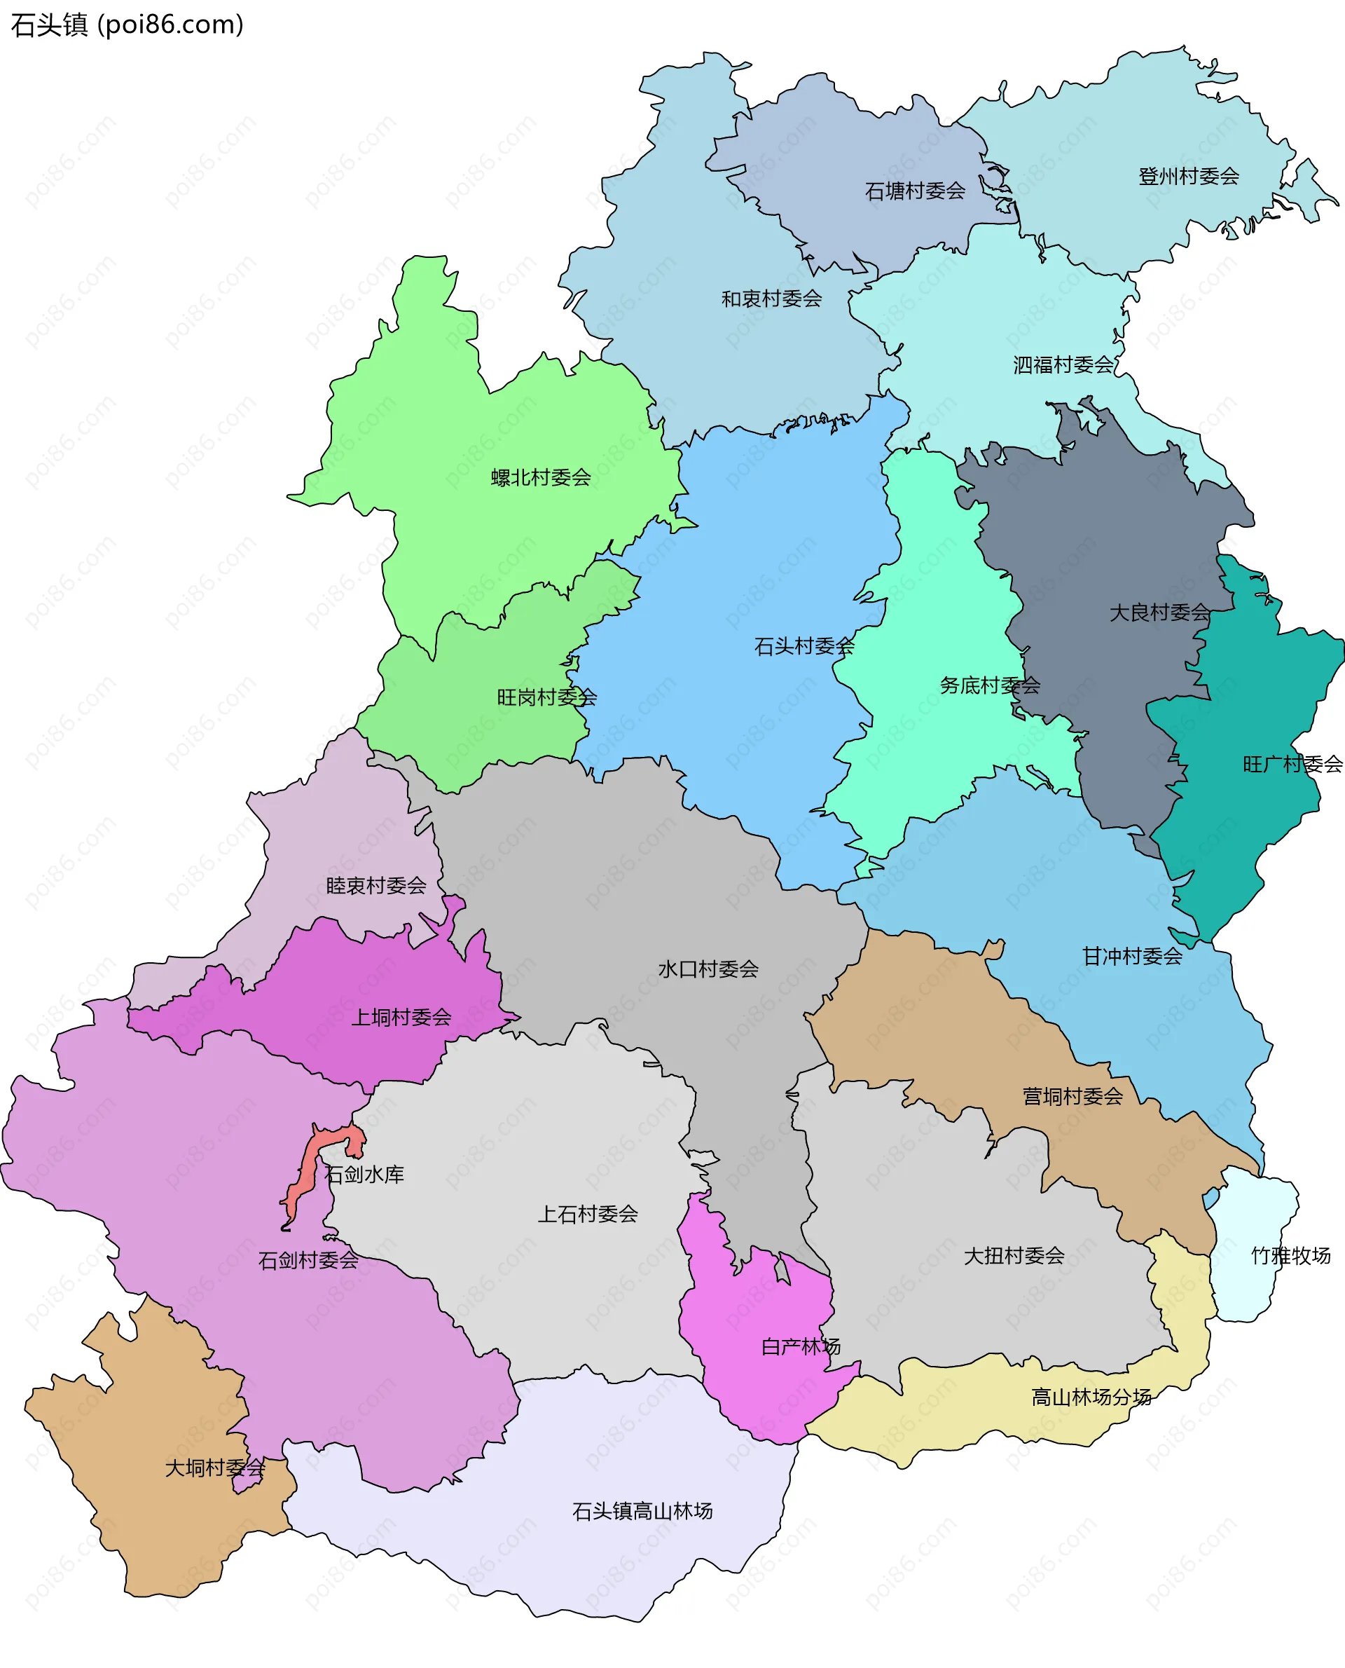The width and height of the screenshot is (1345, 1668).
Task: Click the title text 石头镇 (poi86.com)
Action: (127, 25)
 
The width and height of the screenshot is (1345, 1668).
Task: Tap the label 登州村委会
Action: (1189, 177)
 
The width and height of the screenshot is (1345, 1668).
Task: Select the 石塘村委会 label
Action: (915, 191)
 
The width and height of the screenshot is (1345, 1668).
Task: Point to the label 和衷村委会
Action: (772, 299)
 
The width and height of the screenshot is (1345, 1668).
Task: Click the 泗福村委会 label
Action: (1063, 365)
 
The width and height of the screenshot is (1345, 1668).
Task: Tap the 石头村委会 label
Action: (804, 646)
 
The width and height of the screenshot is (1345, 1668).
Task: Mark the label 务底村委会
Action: (989, 685)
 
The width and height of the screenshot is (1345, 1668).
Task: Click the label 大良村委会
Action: (1159, 613)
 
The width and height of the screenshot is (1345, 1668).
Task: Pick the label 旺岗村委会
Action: (547, 697)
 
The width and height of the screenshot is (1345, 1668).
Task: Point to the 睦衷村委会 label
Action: (375, 886)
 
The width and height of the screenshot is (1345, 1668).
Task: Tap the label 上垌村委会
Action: (401, 1018)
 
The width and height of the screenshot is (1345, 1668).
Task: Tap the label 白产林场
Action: (800, 1347)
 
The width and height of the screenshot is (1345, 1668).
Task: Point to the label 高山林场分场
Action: (1091, 1397)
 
